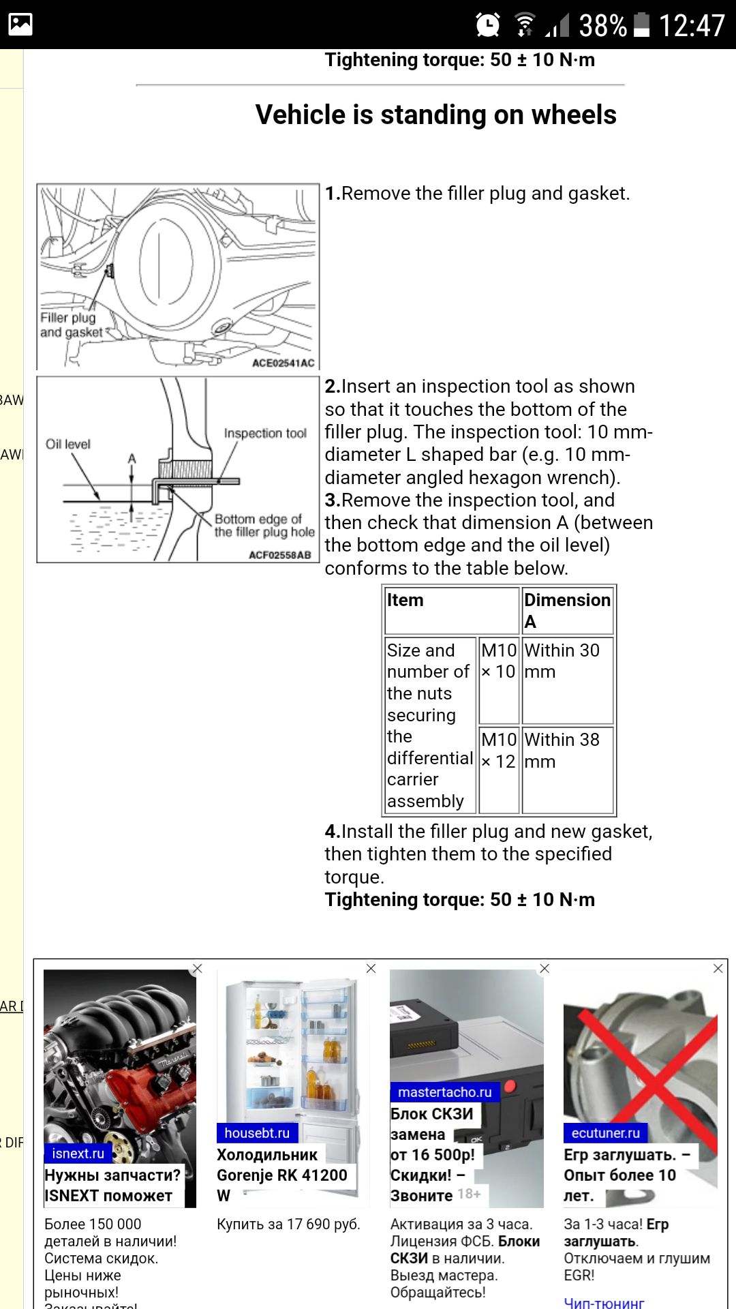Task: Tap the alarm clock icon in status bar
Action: (487, 25)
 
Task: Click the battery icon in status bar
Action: (641, 25)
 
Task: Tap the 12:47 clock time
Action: (691, 26)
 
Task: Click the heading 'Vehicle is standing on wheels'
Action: (435, 115)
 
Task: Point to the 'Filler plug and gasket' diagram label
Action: (70, 325)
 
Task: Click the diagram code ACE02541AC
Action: (283, 363)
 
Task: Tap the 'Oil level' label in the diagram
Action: (67, 445)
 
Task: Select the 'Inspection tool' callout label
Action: (265, 434)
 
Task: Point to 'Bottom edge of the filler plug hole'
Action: (264, 526)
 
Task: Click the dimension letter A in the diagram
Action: (132, 459)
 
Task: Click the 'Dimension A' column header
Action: (567, 610)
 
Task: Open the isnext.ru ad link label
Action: (78, 1153)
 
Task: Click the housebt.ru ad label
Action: (257, 1132)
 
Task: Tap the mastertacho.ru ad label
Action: (444, 1092)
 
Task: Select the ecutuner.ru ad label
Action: (605, 1132)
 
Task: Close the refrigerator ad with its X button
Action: (371, 968)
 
